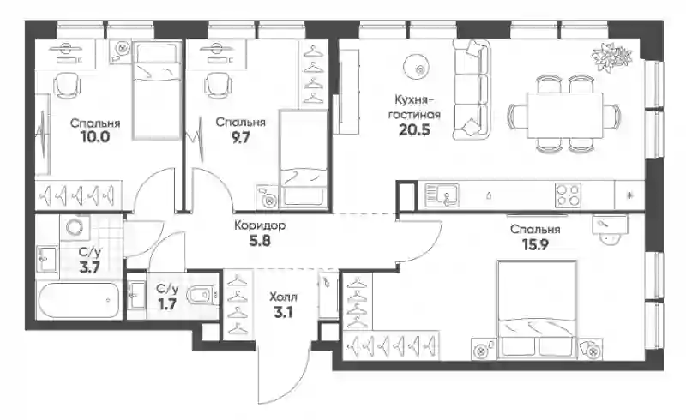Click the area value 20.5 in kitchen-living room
414,130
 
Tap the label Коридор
260,225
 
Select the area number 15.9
535,244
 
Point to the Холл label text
283,297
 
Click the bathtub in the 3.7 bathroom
79,301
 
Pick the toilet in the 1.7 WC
202,295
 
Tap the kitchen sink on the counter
442,195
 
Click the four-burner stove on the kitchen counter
568,195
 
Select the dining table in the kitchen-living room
565,115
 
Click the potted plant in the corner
612,57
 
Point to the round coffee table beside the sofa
416,68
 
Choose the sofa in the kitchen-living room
470,90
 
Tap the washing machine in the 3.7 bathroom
75,227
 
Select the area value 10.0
95,137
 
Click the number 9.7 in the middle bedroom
241,137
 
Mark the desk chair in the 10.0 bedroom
67,85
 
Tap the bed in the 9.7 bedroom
304,159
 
